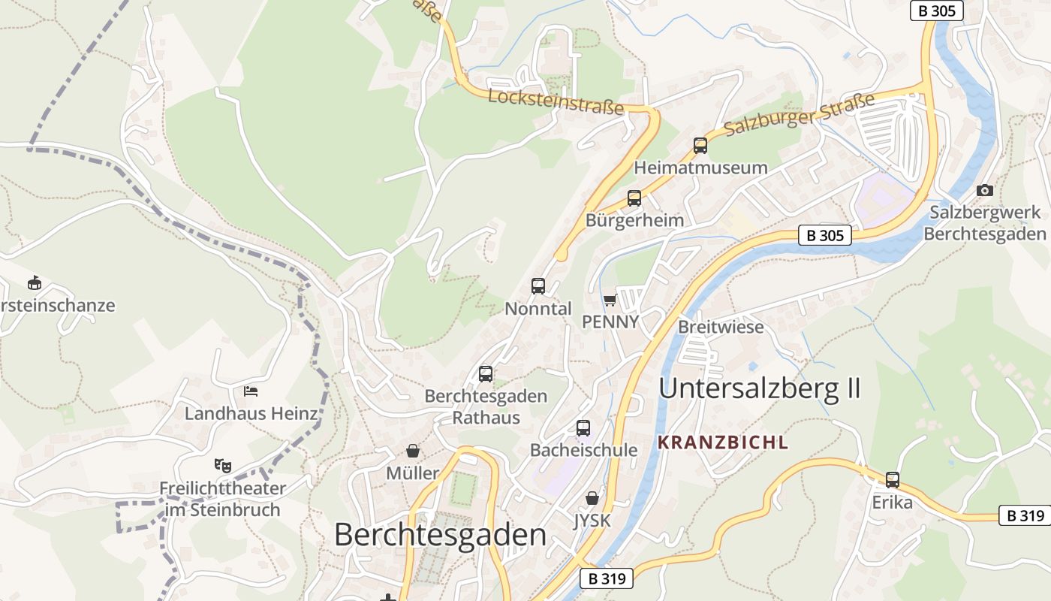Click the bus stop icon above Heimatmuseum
700,146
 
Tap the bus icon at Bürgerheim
634,198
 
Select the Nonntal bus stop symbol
538,286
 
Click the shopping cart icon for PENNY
610,300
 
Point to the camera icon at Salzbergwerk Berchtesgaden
985,191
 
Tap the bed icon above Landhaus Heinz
251,391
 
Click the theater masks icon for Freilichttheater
221,466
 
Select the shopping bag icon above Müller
413,451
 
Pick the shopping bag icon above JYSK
592,498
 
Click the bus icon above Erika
893,479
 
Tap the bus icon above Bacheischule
583,428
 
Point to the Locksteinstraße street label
556,102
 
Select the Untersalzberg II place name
759,388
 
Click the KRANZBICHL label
723,442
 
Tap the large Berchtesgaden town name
440,535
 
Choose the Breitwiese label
721,327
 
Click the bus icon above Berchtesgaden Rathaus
486,374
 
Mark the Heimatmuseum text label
700,167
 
